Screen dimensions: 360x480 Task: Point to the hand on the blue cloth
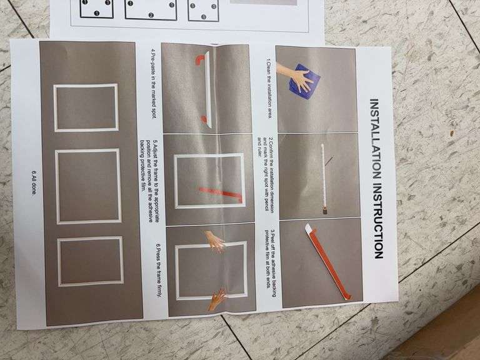(294, 75)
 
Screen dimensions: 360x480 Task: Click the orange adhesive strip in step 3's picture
(331, 263)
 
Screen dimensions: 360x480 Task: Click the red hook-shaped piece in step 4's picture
(199, 59)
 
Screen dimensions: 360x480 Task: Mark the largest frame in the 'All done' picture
(88, 186)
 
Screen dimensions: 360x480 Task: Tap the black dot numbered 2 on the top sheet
(151, 15)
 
